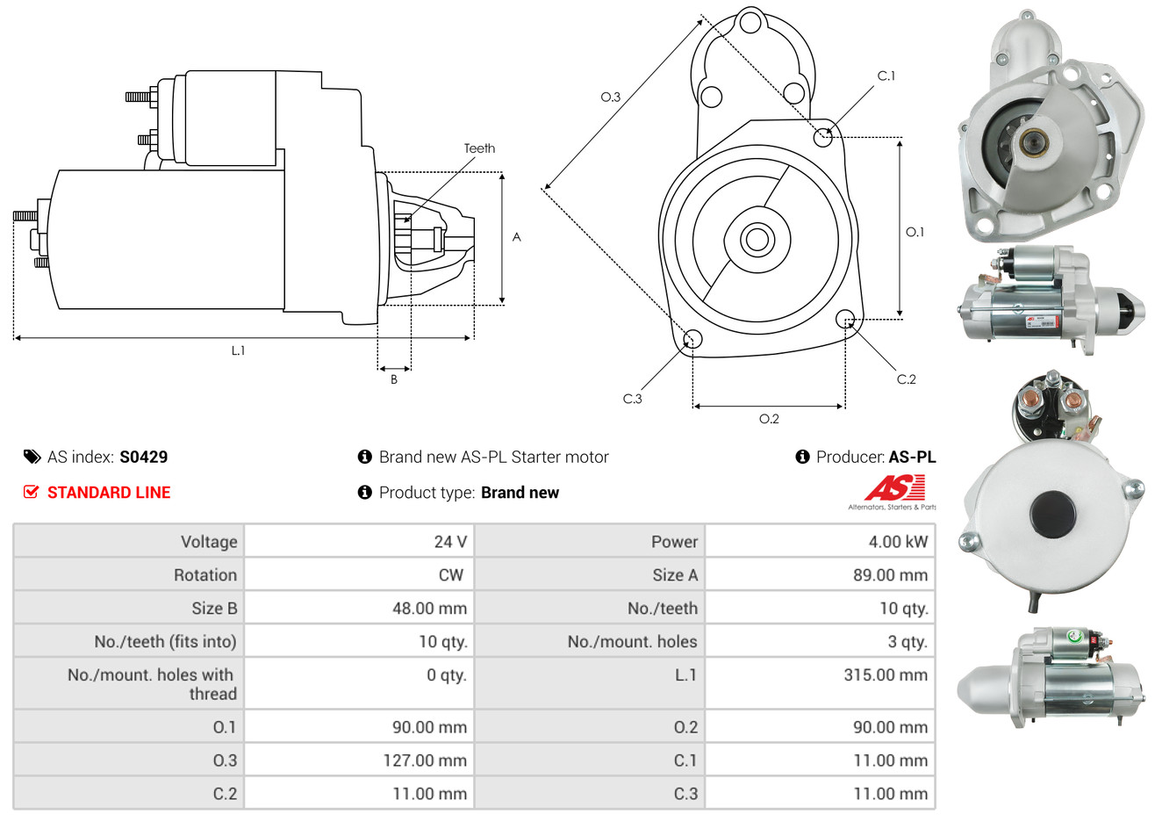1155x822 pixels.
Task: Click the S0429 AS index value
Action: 143,457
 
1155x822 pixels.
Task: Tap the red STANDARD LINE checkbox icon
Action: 31,492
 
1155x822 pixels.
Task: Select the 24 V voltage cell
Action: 450,542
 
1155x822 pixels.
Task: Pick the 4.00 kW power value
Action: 898,542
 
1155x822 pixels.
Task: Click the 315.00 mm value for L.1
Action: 886,675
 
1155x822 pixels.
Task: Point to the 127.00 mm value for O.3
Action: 425,761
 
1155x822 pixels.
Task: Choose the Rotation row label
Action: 205,575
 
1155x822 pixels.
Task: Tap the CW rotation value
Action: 451,575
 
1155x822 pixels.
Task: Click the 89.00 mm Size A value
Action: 890,575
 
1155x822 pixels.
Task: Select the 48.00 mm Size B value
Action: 429,609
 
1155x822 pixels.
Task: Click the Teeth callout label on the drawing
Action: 479,148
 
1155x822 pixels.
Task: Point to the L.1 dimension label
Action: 239,350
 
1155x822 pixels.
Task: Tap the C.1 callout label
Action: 886,76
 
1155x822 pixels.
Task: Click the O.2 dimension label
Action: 769,419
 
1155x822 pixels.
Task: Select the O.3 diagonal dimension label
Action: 610,97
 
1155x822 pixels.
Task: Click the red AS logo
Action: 894,488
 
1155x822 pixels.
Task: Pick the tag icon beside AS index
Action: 32,457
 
